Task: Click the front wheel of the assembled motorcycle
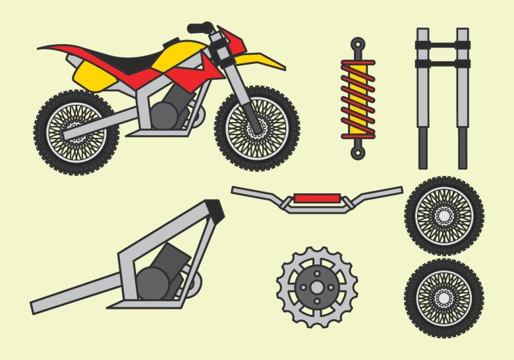[257, 128]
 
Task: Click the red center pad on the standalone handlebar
[317, 198]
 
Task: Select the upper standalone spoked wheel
[444, 215]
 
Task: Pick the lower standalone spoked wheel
[444, 297]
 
